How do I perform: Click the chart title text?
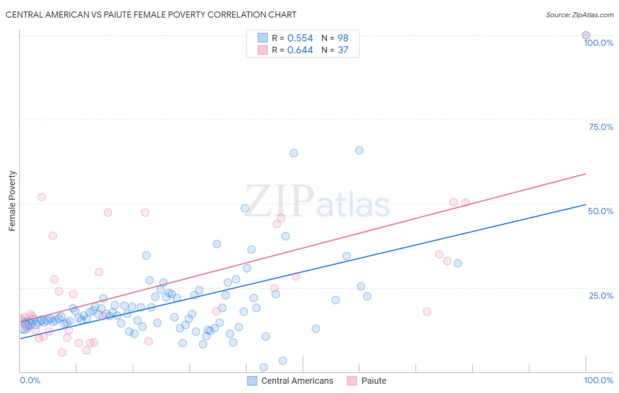point(151,15)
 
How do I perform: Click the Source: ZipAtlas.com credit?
point(579,15)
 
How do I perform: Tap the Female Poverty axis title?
point(12,201)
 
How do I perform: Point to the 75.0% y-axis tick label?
point(601,127)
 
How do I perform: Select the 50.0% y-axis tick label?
point(601,211)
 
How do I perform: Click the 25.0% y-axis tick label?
point(601,296)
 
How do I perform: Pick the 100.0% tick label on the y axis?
point(598,43)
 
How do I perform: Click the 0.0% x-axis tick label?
point(30,380)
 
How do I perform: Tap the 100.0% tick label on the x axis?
point(598,380)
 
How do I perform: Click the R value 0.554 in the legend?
point(300,38)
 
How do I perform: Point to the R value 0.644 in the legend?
point(300,50)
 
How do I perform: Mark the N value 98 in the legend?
point(343,38)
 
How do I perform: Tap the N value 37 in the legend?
point(343,50)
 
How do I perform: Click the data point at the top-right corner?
point(586,35)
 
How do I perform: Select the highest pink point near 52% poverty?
point(42,197)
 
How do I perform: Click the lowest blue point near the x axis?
point(264,367)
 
